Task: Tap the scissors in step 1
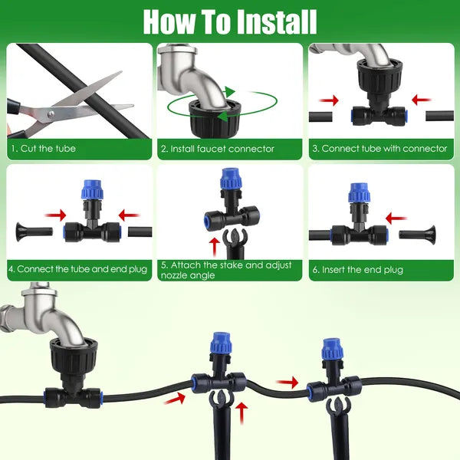point(73,107)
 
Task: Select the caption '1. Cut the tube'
point(43,149)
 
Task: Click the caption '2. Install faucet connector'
point(217,149)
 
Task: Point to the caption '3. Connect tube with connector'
point(379,149)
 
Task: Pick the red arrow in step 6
point(396,219)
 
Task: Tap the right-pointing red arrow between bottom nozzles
point(288,381)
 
